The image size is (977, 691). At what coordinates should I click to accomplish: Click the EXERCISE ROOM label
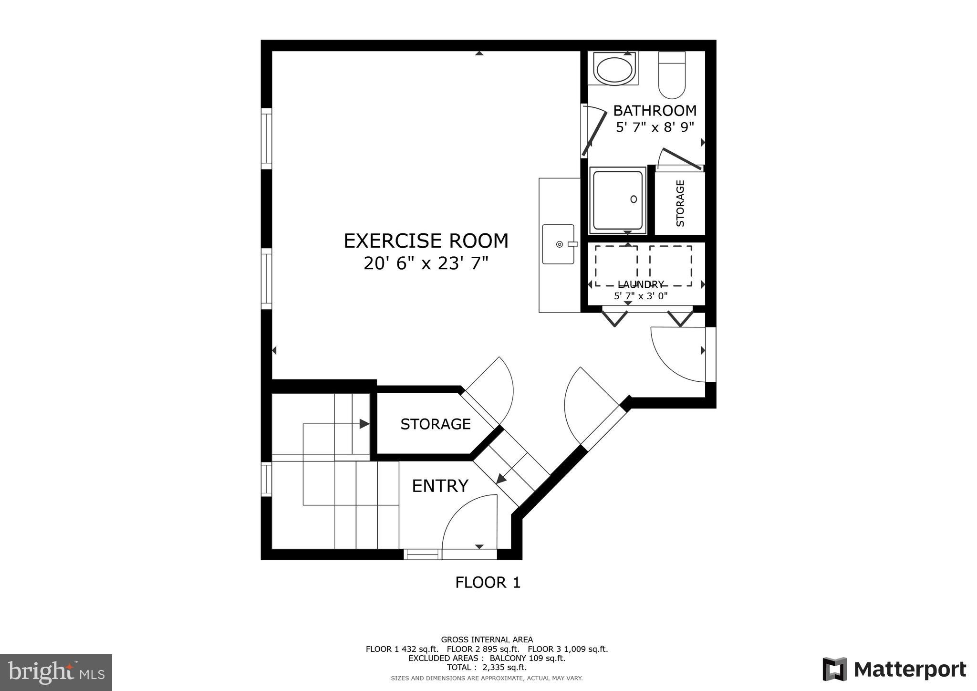point(426,241)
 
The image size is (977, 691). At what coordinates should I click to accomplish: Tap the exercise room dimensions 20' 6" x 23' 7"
point(426,263)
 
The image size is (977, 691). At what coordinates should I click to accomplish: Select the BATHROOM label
point(655,111)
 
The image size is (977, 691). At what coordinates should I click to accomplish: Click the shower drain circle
point(634,199)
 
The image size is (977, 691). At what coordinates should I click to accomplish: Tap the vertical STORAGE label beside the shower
point(680,203)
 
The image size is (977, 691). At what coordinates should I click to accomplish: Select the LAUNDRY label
point(640,285)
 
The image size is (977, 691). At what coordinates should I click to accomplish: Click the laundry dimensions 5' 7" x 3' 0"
point(640,296)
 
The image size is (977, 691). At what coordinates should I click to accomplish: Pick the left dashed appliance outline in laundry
point(616,266)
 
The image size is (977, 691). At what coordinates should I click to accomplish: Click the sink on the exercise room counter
point(559,244)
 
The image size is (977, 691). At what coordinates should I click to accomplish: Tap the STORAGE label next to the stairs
point(435,424)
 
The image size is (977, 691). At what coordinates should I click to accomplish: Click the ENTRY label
point(440,486)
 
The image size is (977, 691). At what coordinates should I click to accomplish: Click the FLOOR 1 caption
point(488,582)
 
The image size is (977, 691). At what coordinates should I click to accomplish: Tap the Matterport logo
point(894,670)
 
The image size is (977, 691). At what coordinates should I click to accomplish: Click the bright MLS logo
point(56,672)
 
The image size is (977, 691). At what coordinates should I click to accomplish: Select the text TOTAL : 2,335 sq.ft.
point(487,668)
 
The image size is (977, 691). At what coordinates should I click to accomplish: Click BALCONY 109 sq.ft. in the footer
point(527,658)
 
